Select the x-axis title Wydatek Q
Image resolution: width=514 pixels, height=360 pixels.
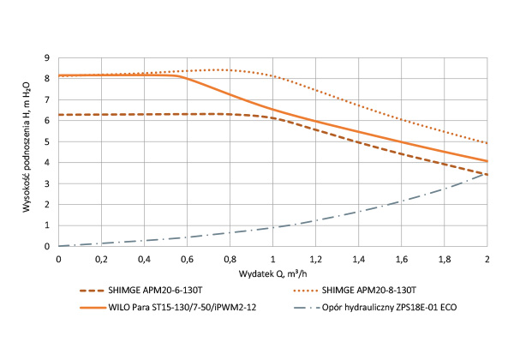[272, 272]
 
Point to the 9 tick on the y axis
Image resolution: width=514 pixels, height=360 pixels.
[49, 57]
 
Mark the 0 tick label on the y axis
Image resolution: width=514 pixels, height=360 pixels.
[49, 246]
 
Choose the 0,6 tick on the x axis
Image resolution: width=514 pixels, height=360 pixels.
[187, 257]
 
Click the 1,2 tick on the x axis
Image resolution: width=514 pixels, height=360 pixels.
[315, 257]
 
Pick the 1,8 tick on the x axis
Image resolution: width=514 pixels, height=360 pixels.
[444, 257]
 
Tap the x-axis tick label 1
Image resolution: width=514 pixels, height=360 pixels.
[272, 257]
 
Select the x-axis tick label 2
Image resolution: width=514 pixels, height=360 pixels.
[487, 257]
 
